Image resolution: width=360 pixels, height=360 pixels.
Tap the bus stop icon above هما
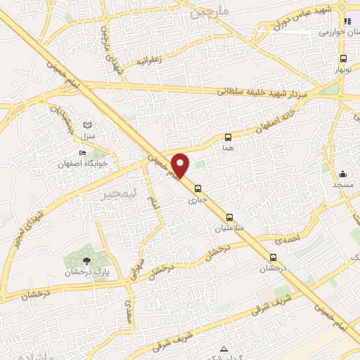[228, 138]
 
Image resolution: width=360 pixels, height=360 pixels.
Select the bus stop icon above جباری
[198, 188]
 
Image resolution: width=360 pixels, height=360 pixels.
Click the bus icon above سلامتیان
[229, 217]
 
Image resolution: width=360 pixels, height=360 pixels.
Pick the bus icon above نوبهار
[342, 59]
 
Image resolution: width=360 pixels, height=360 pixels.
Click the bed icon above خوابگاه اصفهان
[83, 153]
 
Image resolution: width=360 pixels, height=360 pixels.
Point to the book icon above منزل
[87, 124]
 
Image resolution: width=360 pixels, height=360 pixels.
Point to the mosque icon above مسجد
[343, 174]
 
